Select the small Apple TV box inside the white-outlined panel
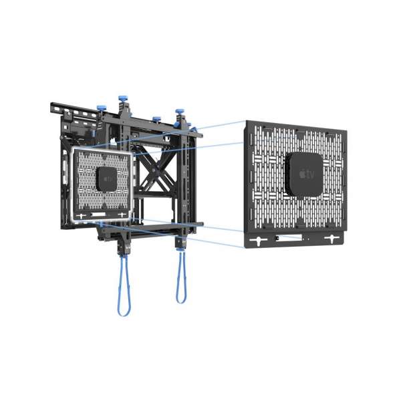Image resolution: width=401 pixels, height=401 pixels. pos(108,178)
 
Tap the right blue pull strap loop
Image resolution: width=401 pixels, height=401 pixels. pos(180,283)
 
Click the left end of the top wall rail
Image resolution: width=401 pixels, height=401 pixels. pos(53,106)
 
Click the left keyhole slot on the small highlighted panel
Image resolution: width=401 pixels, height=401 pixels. pos(82,217)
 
